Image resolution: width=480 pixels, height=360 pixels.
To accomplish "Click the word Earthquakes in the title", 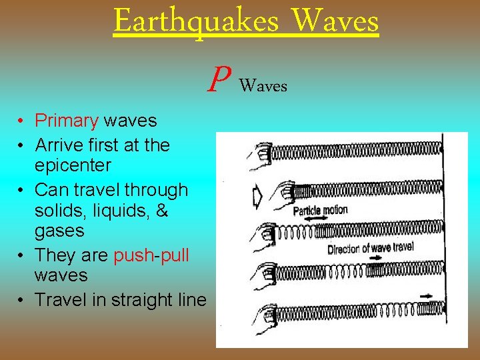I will (x=196, y=21).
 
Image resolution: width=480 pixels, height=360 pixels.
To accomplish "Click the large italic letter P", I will (x=216, y=80).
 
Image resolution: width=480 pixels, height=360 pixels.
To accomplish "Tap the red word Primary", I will (x=67, y=121).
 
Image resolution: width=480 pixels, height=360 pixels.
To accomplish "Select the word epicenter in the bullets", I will (x=73, y=165).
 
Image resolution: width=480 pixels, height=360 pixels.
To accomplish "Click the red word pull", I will (x=173, y=255).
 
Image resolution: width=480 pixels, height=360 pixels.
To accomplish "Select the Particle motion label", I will (x=320, y=211).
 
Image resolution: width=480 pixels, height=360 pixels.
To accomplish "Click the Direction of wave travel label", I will (x=370, y=249).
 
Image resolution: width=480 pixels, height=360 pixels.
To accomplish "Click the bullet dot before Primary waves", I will (x=22, y=121).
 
